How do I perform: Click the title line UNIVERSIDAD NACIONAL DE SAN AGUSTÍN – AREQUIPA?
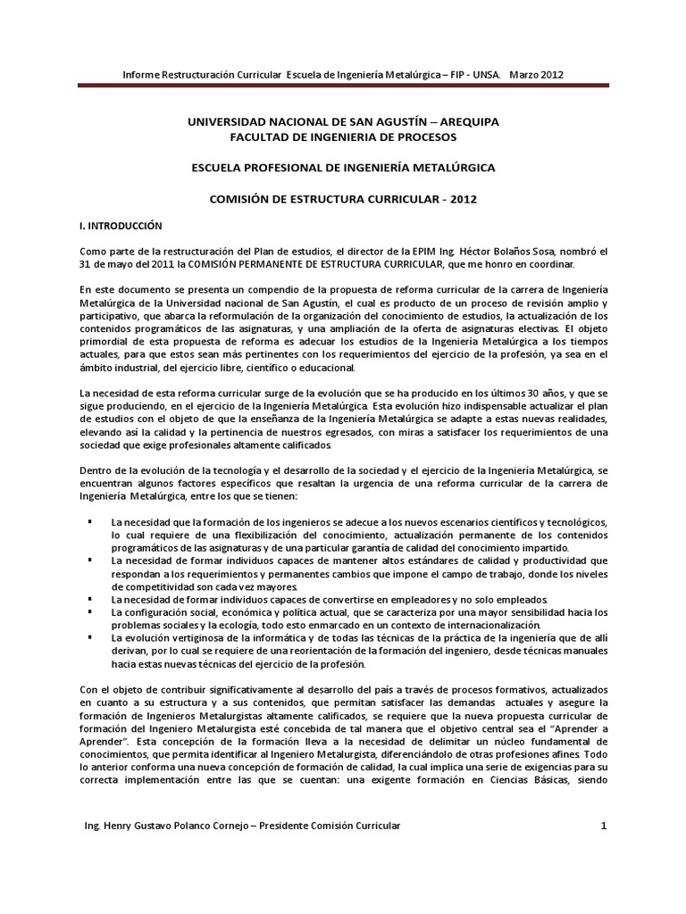[342, 120]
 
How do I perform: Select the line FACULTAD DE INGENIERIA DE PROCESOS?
[342, 137]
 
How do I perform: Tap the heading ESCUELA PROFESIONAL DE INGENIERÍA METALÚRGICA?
[342, 168]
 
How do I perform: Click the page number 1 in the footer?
[604, 826]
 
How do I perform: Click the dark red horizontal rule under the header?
[343, 86]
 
